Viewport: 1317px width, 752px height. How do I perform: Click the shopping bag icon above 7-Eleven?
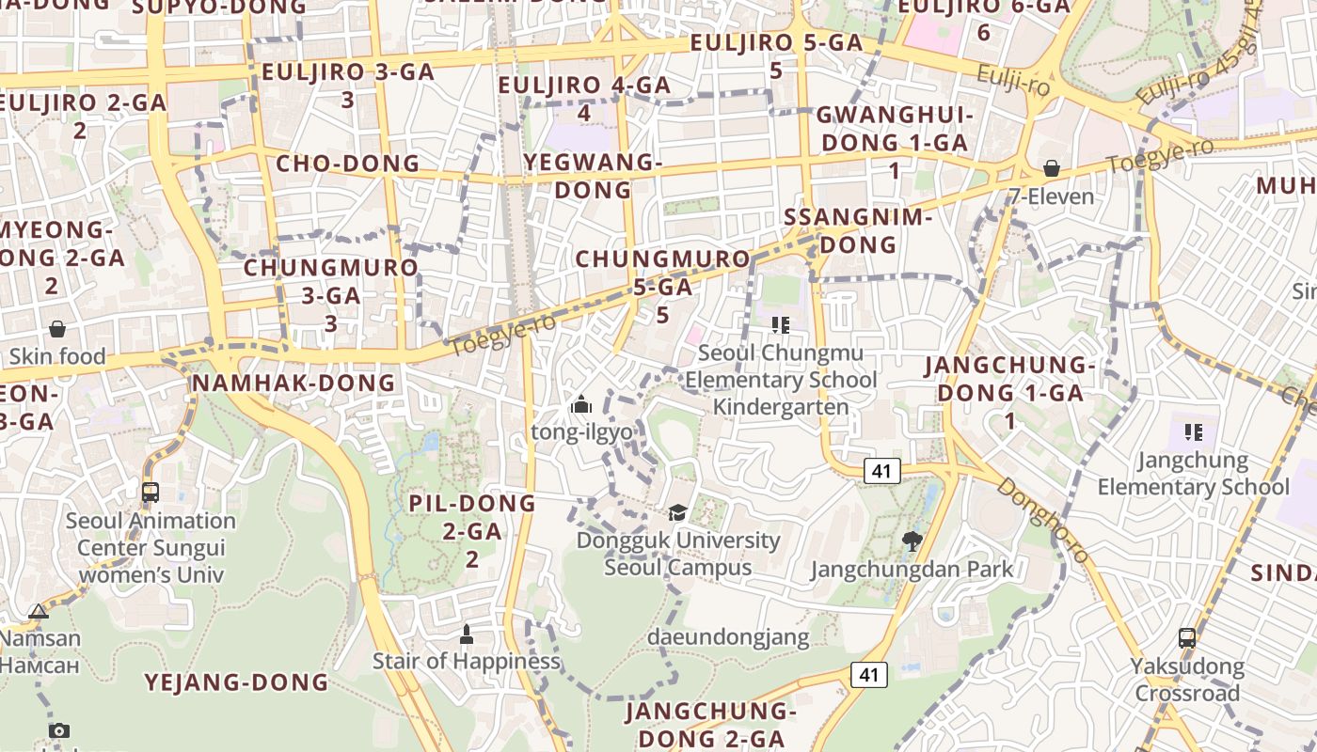(1052, 169)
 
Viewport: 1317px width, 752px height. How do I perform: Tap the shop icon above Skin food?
(57, 329)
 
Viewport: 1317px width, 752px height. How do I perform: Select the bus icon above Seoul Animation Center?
(150, 492)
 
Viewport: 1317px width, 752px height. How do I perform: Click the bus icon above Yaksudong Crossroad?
(1187, 638)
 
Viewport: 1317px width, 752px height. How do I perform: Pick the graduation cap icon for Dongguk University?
(677, 512)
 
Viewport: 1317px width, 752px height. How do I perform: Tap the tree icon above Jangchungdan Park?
(912, 540)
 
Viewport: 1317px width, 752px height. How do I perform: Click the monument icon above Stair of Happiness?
(467, 634)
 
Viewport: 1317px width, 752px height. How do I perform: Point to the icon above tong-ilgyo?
(581, 405)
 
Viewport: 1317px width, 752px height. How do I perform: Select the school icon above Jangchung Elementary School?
(1194, 432)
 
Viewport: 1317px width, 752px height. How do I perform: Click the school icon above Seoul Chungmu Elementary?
(780, 325)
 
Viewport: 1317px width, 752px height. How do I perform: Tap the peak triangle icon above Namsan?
(39, 612)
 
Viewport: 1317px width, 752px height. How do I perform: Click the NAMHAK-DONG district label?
(293, 383)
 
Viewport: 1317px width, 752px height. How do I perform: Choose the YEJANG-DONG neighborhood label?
(236, 682)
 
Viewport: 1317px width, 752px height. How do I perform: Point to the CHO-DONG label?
(347, 164)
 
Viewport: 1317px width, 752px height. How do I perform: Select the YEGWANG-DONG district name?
(593, 176)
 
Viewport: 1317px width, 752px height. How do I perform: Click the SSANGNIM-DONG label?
(857, 231)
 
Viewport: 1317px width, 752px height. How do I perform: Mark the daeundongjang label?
(728, 637)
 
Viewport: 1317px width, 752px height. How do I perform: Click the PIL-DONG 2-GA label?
(472, 530)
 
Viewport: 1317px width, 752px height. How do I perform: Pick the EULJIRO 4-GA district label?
(584, 98)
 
